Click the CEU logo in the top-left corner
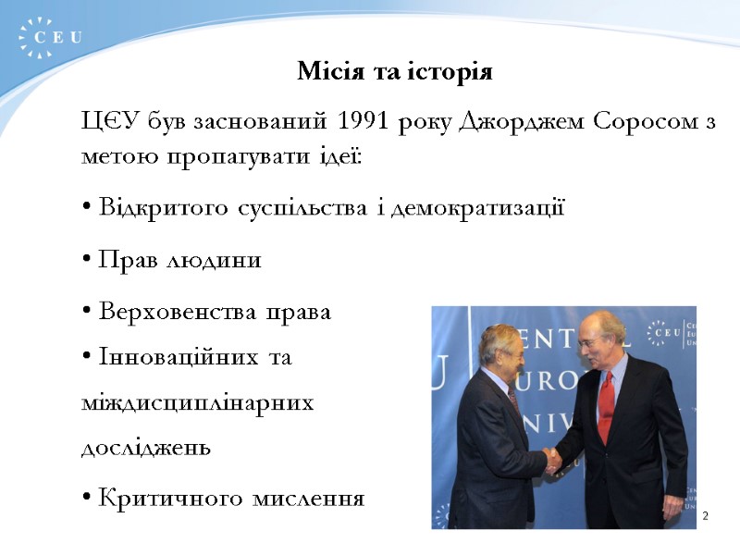pyautogui.click(x=50, y=38)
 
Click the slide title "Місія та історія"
pyautogui.click(x=394, y=71)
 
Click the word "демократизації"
pyautogui.click(x=477, y=207)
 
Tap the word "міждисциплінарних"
pyautogui.click(x=198, y=402)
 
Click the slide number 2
pyautogui.click(x=705, y=515)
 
